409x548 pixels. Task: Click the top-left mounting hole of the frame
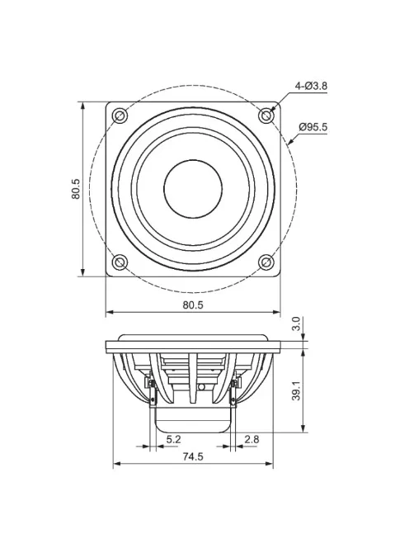click(120, 115)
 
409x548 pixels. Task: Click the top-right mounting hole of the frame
click(266, 115)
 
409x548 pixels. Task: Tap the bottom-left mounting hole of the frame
click(120, 262)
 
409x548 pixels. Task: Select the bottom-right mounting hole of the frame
click(266, 262)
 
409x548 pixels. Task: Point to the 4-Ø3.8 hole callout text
click(311, 86)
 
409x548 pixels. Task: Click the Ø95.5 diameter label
click(314, 127)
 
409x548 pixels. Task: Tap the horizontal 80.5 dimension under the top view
click(192, 305)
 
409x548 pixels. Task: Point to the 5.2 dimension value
click(173, 439)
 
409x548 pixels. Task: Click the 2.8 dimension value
click(252, 439)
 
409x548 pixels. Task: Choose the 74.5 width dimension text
click(192, 456)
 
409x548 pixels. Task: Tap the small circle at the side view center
click(200, 387)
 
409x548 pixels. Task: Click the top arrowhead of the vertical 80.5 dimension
click(83, 105)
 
